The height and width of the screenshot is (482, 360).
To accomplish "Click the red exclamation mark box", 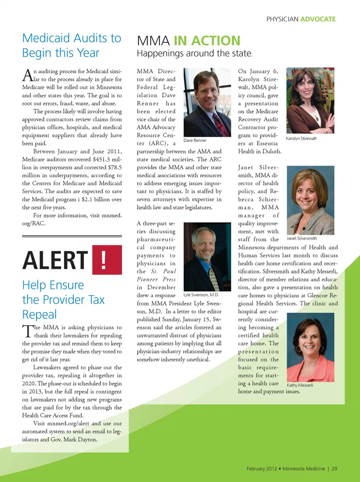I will coord(107,260).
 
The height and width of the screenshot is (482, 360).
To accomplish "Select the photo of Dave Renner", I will coord(207,102).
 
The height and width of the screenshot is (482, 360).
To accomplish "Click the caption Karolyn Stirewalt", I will coord(301,139).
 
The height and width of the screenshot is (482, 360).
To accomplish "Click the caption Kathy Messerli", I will coord(300,385).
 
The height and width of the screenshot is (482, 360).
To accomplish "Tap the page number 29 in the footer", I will coord(334,468).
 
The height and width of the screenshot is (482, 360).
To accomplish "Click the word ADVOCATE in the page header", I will coord(318,19).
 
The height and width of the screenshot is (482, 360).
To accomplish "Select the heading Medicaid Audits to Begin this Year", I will coord(71,45).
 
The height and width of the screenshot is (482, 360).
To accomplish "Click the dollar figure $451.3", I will coord(101,160).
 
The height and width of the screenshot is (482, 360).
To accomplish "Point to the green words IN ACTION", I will coord(207,41).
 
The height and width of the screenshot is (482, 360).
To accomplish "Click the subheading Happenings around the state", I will coord(194,54).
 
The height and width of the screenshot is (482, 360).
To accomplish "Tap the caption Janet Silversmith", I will coord(301,238).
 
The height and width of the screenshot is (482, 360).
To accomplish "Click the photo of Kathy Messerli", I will coord(310,347).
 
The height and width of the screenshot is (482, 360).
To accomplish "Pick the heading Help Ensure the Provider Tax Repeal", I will coord(63,300).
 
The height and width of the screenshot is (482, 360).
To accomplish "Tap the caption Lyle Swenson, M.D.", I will coord(201,295).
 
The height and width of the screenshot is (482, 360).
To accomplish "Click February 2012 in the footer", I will coord(261,468).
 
